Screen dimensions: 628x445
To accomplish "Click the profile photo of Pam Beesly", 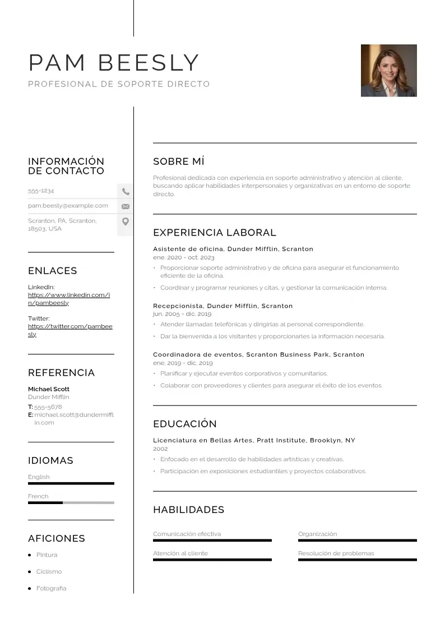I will (388, 71).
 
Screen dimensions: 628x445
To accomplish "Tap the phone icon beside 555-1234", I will (126, 191).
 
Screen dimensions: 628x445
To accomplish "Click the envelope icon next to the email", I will (126, 206).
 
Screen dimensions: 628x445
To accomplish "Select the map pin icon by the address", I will (126, 221).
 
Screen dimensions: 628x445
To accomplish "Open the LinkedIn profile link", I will (69, 299).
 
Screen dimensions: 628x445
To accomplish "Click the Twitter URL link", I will (70, 330).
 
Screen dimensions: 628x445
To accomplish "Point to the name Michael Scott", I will (49, 389).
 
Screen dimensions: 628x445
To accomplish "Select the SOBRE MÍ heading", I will (179, 161).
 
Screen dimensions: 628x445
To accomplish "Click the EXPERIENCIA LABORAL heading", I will (215, 233).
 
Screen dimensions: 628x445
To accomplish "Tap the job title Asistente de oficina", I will (188, 249).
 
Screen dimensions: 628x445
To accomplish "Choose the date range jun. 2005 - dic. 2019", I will (182, 314).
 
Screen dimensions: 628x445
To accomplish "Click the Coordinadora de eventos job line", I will (258, 354).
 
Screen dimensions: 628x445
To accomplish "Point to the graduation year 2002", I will (160, 449).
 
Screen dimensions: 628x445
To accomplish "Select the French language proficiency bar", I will (71, 502).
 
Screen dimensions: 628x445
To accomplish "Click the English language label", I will (39, 477).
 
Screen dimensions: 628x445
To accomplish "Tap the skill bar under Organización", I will (357, 541).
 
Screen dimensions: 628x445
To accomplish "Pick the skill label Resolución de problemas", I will (336, 553).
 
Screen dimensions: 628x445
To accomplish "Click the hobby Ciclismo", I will (49, 572).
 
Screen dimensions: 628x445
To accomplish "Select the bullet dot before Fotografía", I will (29, 589).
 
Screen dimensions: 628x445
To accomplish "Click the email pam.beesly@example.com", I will (68, 206).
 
